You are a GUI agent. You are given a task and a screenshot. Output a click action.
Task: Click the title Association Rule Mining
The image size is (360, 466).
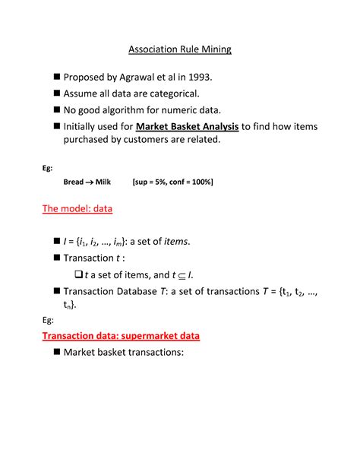[x=179, y=50]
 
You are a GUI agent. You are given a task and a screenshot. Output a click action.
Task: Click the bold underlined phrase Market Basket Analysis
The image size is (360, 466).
[x=188, y=126]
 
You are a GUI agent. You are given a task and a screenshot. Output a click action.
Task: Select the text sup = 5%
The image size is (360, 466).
[x=152, y=182]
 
